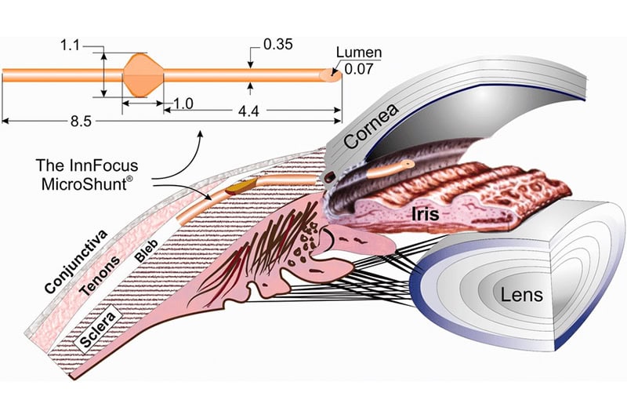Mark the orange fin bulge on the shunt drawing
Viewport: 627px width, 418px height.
coord(142,75)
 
